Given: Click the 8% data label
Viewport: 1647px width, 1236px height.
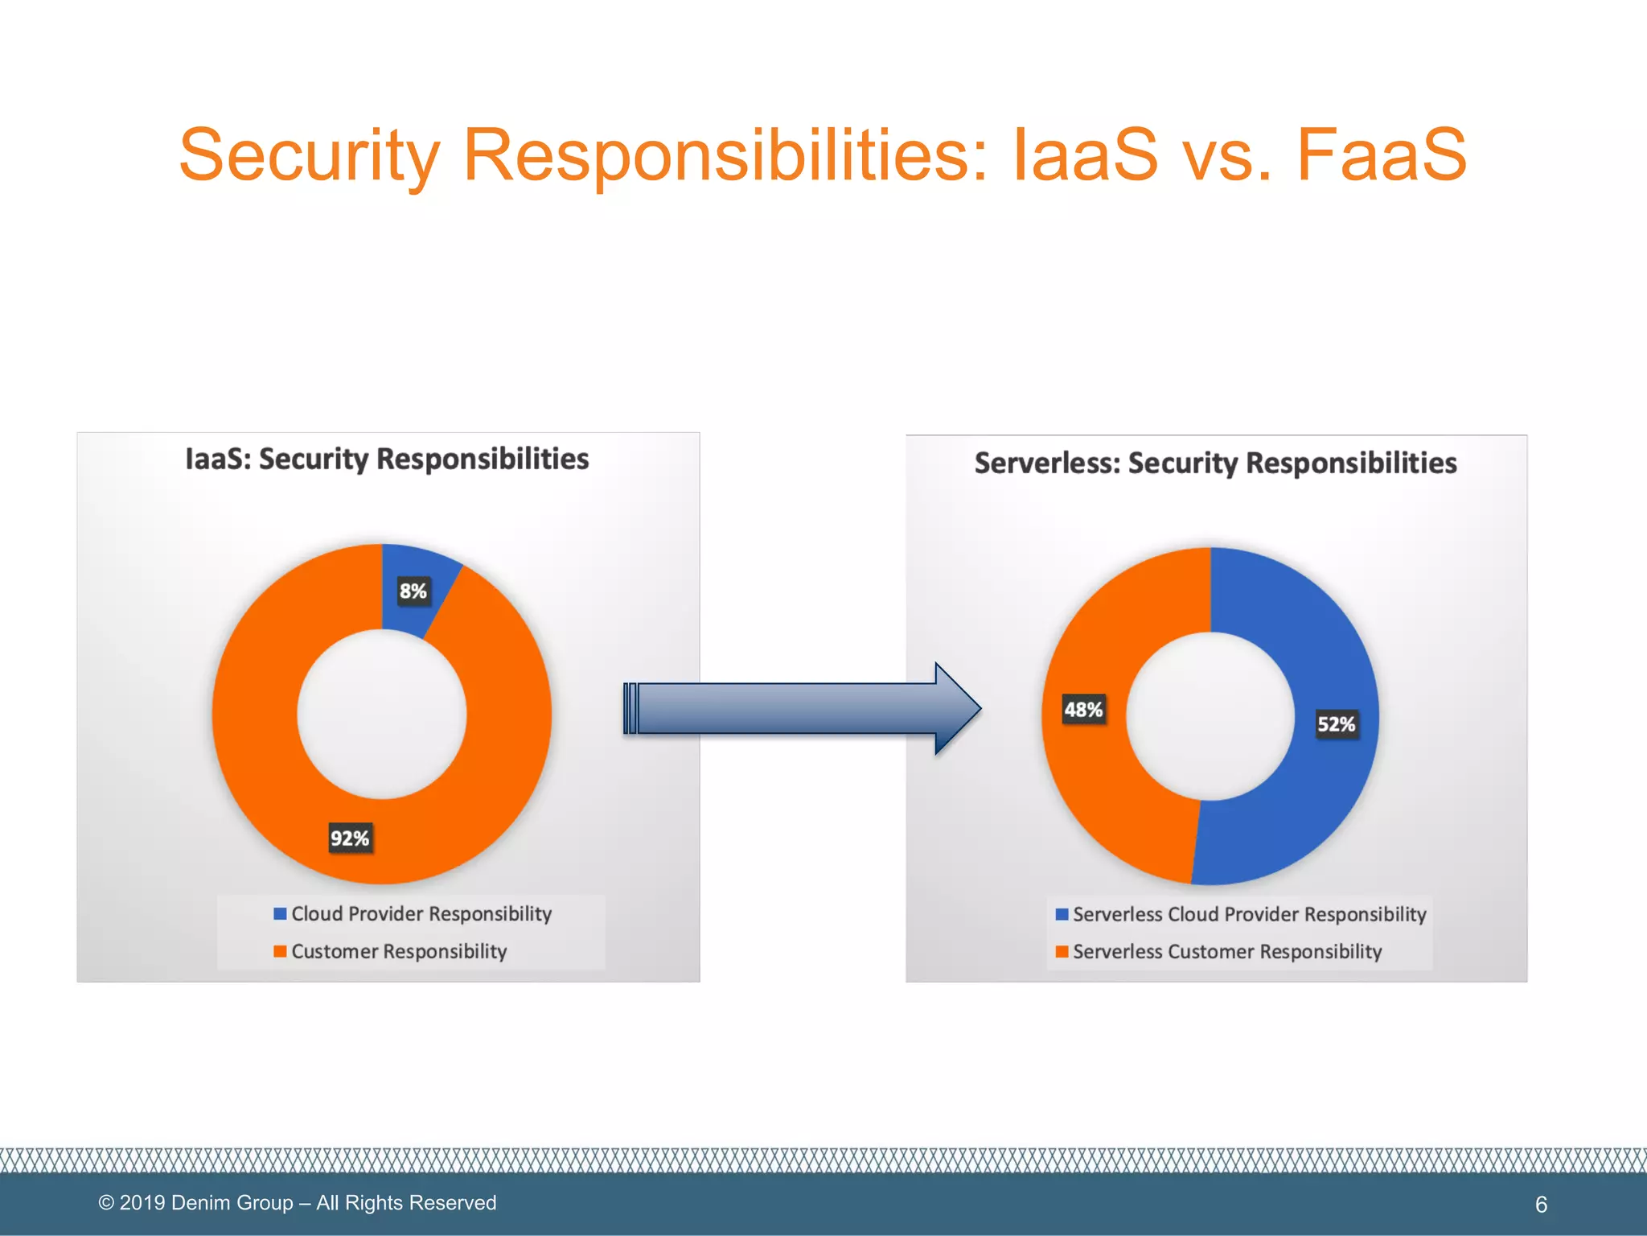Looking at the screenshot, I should tap(413, 591).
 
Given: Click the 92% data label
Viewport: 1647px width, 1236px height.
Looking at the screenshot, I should tap(350, 838).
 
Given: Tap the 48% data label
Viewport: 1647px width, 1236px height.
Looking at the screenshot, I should tap(1083, 710).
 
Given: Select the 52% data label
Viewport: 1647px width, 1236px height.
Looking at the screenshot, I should tap(1336, 724).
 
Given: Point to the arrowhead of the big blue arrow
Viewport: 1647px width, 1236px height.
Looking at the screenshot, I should tap(957, 709).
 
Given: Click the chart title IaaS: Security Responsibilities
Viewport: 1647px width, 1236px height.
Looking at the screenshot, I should tap(387, 459).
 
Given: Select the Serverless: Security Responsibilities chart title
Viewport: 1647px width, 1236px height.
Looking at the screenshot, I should tap(1215, 463).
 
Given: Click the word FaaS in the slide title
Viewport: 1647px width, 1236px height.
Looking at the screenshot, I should tap(1381, 154).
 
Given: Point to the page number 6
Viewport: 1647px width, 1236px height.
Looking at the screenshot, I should tap(1541, 1205).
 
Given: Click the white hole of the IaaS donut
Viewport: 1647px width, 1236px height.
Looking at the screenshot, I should tap(382, 715).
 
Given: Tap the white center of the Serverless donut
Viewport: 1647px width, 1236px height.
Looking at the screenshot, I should tap(1210, 716).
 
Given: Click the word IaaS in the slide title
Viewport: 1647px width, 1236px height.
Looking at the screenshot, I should tap(1085, 154).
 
